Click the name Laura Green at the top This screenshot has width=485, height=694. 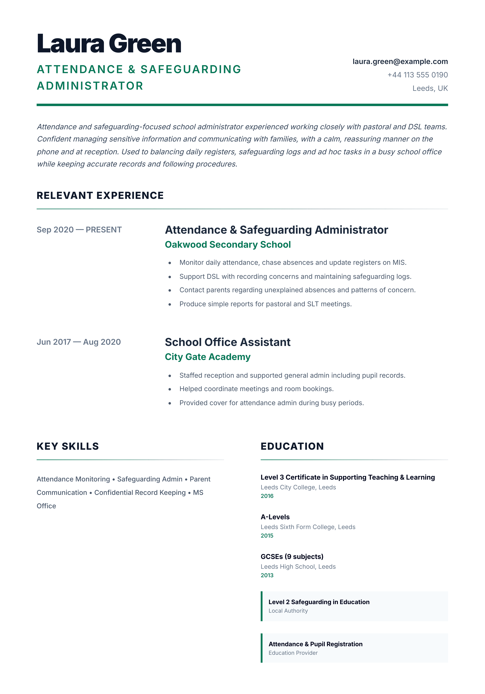109,44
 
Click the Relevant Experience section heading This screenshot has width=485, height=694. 100,196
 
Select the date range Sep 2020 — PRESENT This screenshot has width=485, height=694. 79,230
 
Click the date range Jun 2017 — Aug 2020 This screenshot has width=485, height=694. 79,342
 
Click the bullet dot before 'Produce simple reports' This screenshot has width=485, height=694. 170,304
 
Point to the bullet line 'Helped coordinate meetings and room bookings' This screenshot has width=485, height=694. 256,389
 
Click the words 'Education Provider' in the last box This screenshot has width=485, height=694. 293,653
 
